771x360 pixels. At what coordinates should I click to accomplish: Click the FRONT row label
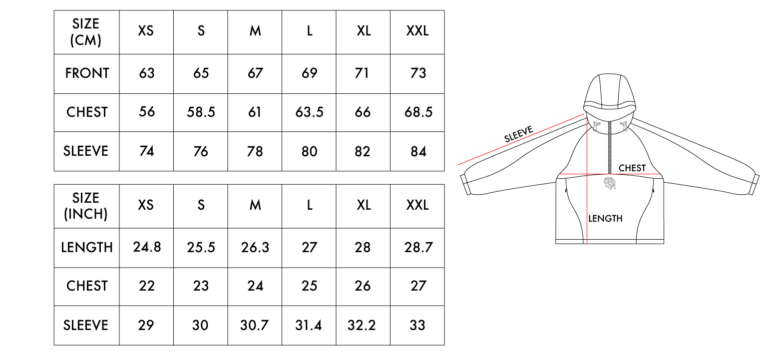[x=87, y=73]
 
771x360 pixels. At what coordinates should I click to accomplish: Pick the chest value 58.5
[x=201, y=112]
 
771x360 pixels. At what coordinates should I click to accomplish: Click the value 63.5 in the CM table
[x=309, y=112]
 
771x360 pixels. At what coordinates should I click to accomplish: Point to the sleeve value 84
[x=417, y=151]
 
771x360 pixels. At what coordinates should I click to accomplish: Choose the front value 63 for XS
[x=146, y=73]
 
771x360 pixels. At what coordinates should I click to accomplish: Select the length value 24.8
[x=147, y=247]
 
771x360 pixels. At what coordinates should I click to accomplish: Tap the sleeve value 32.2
[x=363, y=326]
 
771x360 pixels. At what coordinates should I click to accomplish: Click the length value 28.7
[x=417, y=247]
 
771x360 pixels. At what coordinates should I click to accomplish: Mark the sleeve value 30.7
[x=255, y=326]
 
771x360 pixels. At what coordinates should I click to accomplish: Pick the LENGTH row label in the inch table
[x=87, y=247]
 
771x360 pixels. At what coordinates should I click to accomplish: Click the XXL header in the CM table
[x=417, y=31]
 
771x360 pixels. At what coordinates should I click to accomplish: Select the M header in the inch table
[x=255, y=205]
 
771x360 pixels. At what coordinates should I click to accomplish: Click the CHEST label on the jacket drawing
[x=632, y=168]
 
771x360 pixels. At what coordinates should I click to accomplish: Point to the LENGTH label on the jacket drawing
[x=605, y=218]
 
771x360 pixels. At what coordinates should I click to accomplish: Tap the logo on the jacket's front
[x=610, y=183]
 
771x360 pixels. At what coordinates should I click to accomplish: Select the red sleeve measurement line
[x=519, y=141]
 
